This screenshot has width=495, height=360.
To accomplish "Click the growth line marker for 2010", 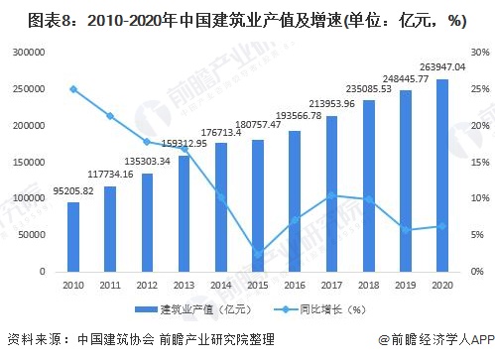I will click(x=73, y=88).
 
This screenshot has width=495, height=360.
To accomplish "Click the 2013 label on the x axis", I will click(x=185, y=285).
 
